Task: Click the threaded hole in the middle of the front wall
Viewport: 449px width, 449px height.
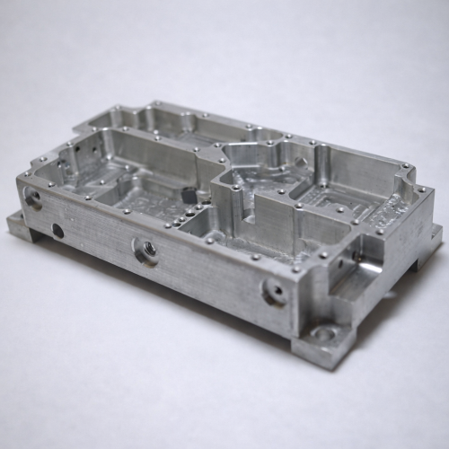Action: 144,251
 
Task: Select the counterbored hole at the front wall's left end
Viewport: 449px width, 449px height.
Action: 33,198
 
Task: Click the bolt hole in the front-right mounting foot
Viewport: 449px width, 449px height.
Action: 324,337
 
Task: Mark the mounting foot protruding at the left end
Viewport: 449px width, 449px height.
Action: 20,224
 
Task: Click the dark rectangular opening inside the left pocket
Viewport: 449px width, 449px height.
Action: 188,194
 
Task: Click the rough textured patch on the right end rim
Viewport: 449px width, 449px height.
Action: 388,216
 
